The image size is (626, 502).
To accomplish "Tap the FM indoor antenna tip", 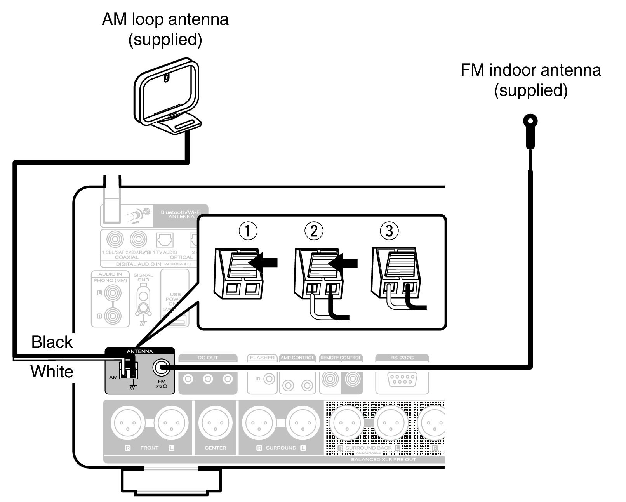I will click(530, 121).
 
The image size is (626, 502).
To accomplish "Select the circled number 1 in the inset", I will click(248, 231).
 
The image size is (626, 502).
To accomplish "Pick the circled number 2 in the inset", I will click(314, 231).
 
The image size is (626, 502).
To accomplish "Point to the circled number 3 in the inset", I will click(389, 231).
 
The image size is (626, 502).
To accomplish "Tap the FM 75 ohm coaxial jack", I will click(161, 367).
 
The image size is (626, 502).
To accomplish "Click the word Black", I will click(52, 342).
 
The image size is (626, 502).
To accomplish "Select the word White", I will click(52, 372).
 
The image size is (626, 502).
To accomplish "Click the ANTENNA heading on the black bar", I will click(140, 351).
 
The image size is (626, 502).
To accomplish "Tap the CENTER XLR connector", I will click(215, 423).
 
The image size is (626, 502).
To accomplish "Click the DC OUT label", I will click(208, 358).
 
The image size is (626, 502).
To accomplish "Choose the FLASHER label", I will click(263, 358).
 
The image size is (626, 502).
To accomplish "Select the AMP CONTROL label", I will click(297, 358).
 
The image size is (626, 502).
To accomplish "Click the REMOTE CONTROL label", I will click(341, 358).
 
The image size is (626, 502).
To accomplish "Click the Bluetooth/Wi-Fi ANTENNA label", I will click(181, 214).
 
